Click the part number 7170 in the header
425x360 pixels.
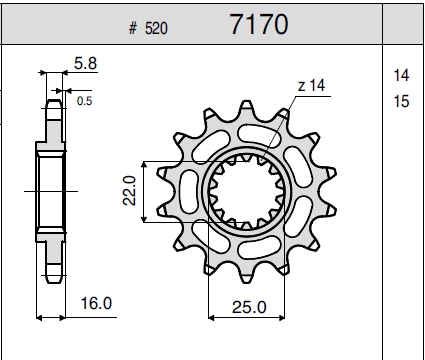coord(259,24)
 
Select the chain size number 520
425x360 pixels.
coord(156,28)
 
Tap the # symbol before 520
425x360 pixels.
coord(133,28)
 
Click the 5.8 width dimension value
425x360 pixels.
coord(85,63)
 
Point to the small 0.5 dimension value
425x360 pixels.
coord(84,101)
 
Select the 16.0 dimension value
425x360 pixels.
coord(96,303)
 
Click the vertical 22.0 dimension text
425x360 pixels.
coord(129,190)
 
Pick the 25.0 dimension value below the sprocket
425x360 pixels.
coord(249,307)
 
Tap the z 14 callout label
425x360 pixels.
coord(311,86)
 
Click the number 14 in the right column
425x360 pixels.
coord(401,75)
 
